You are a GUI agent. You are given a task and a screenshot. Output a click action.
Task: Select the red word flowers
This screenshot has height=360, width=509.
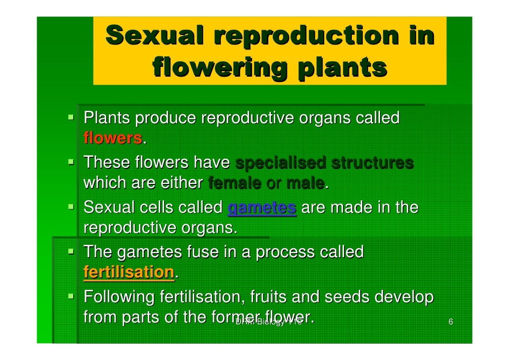click(113, 139)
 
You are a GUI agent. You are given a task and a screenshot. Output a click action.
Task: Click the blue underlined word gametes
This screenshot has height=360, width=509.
click(261, 208)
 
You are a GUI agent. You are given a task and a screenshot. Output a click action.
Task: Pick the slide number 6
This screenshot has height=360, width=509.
click(450, 322)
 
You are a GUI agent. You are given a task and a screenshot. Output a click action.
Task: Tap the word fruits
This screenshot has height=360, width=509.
click(269, 298)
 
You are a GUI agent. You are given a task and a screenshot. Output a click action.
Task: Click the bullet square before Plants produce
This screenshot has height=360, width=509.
click(72, 118)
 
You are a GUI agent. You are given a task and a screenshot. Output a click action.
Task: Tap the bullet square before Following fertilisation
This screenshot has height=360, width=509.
click(72, 297)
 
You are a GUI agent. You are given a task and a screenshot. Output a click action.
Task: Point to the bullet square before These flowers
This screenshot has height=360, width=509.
click(72, 162)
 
